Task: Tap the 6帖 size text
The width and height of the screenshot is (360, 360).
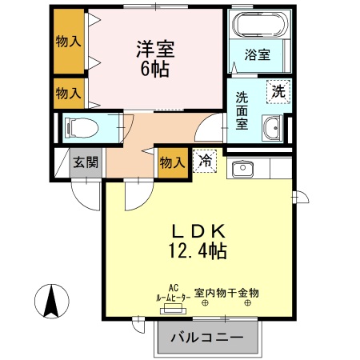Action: (x=155, y=69)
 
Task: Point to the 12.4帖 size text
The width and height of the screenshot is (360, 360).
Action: (x=198, y=251)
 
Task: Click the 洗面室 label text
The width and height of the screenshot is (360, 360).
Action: (x=242, y=111)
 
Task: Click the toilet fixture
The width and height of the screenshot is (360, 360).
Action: (x=79, y=126)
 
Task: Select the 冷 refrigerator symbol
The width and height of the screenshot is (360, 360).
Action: (x=204, y=161)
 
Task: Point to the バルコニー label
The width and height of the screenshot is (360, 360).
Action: (x=207, y=338)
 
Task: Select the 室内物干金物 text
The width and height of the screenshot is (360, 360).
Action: (x=232, y=294)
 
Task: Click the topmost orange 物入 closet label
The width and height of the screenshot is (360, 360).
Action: (x=68, y=42)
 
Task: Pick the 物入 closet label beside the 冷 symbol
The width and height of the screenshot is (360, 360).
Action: (x=173, y=162)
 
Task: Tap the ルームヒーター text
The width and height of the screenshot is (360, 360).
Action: (x=174, y=296)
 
